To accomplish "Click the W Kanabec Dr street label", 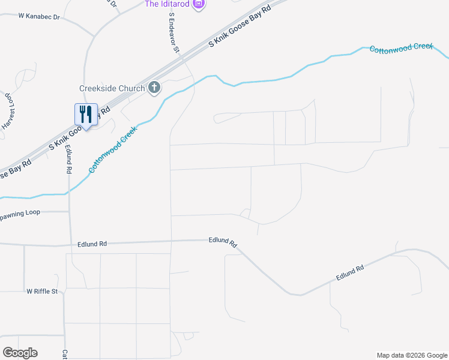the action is pyautogui.click(x=40, y=16).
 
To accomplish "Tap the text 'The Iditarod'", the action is pyautogui.click(x=167, y=4).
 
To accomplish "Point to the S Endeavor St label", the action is pyautogui.click(x=174, y=34).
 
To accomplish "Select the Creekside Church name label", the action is pyautogui.click(x=112, y=88).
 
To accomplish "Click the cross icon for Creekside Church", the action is pyautogui.click(x=154, y=88).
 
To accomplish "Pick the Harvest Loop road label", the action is pyautogui.click(x=10, y=111).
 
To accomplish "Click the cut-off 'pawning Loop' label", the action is pyautogui.click(x=20, y=212).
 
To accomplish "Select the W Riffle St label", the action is pyautogui.click(x=41, y=292).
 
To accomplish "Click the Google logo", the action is pyautogui.click(x=20, y=353).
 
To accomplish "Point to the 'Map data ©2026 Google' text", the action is pyautogui.click(x=411, y=355).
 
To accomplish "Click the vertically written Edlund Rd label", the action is pyautogui.click(x=69, y=159).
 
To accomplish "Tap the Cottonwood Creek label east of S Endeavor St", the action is pyautogui.click(x=401, y=48).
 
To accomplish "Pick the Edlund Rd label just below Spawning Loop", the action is pyautogui.click(x=92, y=244).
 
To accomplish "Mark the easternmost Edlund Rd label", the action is pyautogui.click(x=351, y=273).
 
